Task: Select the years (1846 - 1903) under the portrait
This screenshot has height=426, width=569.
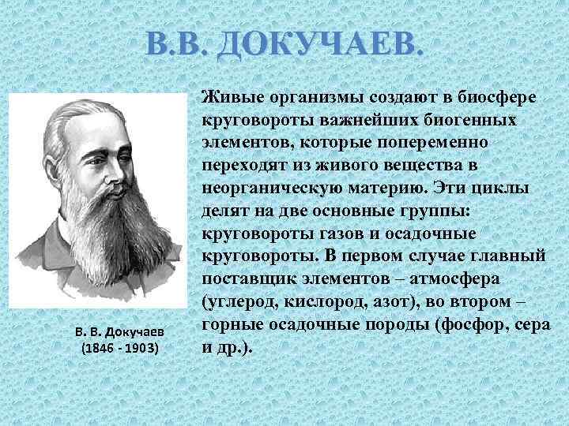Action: [x=121, y=348]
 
